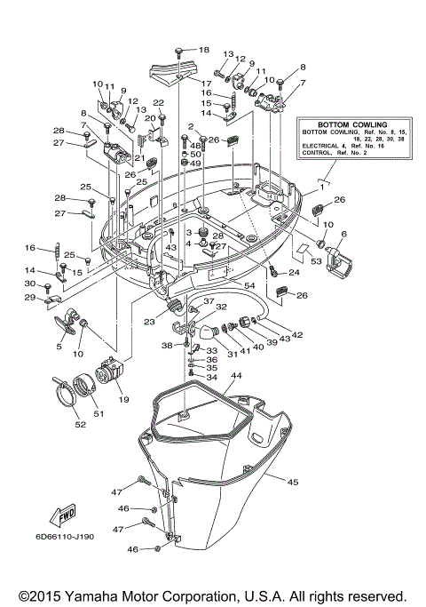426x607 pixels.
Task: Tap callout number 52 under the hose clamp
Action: click(80, 424)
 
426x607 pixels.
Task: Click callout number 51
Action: click(99, 411)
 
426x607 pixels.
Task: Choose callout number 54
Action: click(249, 284)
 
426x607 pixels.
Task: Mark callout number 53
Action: click(315, 262)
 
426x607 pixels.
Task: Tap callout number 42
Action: click(296, 335)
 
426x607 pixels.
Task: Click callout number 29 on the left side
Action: click(28, 298)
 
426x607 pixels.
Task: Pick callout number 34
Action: click(212, 377)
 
